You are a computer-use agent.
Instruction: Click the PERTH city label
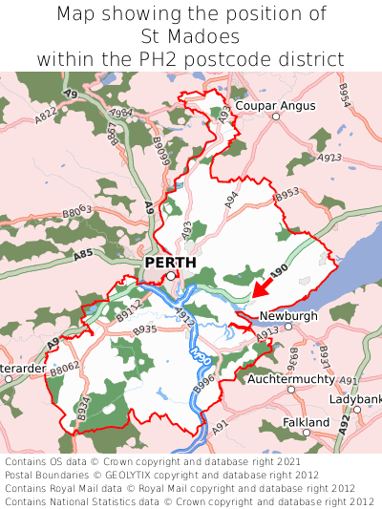click(170, 262)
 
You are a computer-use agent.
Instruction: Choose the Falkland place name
click(306, 421)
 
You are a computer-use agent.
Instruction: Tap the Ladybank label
click(356, 398)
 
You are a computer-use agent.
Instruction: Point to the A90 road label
click(278, 271)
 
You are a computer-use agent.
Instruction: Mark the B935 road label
click(145, 329)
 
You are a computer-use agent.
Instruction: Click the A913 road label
click(267, 330)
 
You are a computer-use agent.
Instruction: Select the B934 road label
click(83, 410)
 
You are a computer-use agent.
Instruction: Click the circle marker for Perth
click(171, 276)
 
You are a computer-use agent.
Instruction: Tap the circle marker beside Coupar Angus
click(275, 117)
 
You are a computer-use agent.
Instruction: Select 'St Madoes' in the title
click(190, 36)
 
